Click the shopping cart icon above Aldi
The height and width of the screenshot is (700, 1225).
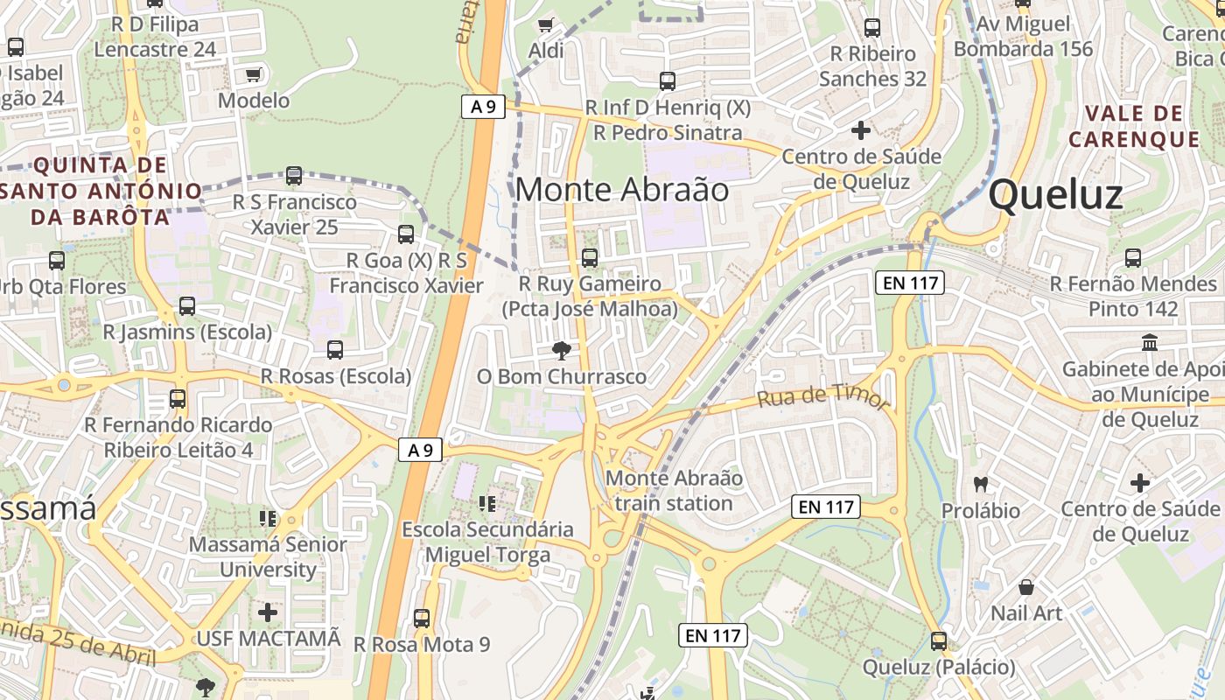pos(546,24)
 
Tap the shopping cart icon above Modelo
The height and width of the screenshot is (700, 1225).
pos(254,75)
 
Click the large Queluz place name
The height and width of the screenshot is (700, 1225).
pos(1055,194)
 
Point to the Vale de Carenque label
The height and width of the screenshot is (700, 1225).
pos(1133,126)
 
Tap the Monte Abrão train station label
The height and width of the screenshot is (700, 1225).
pos(674,491)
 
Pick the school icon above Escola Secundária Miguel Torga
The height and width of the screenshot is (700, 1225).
pos(487,503)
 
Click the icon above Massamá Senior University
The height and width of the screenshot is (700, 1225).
pos(268,518)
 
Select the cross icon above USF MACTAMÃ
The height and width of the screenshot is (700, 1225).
pos(268,612)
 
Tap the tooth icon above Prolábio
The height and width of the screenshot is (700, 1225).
pos(981,483)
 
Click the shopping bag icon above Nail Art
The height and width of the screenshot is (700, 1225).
pos(1026,586)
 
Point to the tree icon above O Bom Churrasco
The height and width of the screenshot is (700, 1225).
pos(561,351)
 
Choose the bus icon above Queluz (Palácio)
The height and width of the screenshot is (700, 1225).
pos(939,641)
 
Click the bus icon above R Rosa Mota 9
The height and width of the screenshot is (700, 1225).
pos(422,618)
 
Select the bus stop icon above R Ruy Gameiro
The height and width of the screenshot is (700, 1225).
pos(590,257)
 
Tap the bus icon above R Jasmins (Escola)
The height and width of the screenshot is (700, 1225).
pos(187,306)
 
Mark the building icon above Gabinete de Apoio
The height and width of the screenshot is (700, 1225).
pos(1149,342)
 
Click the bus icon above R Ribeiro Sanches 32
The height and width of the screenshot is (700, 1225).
pos(871,28)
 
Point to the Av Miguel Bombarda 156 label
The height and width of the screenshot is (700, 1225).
pos(1023,37)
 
